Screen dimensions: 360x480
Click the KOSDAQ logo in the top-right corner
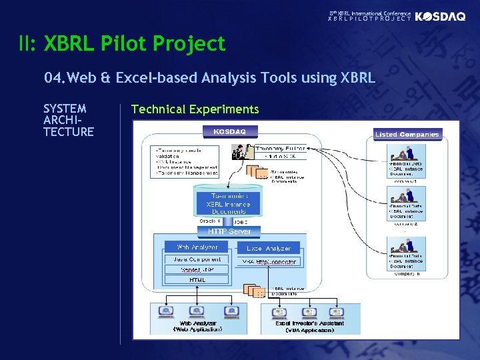(x=440, y=17)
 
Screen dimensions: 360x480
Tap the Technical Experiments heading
(x=195, y=109)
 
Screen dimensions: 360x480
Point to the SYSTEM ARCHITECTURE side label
(x=68, y=120)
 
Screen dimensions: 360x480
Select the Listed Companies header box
(x=407, y=134)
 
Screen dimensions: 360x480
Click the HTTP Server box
(x=229, y=231)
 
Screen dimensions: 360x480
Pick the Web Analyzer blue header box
(x=197, y=247)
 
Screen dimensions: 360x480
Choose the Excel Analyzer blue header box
(x=269, y=248)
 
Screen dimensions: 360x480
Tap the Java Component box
(x=197, y=259)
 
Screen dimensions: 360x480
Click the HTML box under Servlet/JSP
(x=197, y=280)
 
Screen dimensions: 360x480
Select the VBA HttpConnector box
(x=269, y=262)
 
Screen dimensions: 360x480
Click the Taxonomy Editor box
(x=281, y=148)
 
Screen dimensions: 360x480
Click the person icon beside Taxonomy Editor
(x=238, y=153)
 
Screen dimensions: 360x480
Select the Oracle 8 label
(x=210, y=221)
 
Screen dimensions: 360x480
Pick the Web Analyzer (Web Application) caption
(x=198, y=326)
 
